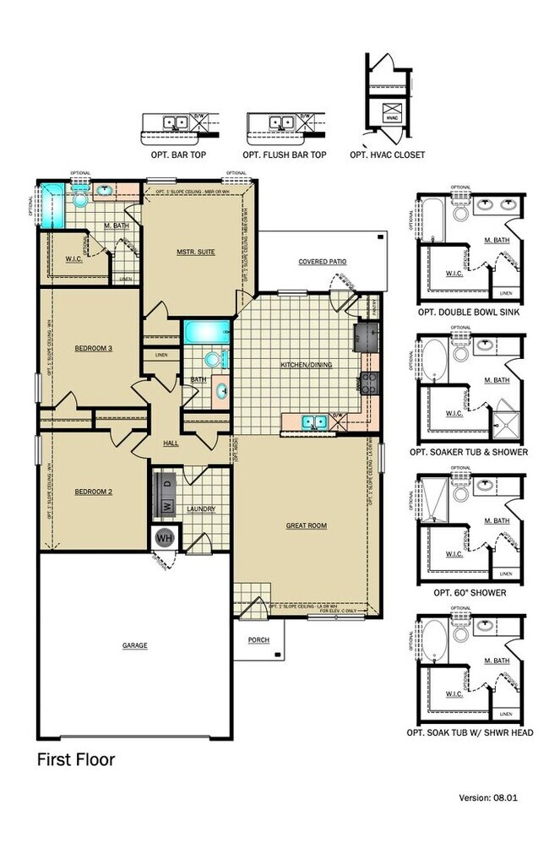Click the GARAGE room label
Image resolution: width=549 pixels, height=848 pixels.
pyautogui.click(x=134, y=645)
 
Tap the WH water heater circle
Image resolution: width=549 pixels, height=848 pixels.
pyautogui.click(x=162, y=537)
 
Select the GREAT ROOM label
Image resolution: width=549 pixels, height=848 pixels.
pyautogui.click(x=306, y=525)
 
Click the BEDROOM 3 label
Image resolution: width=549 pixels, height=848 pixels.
pyautogui.click(x=94, y=348)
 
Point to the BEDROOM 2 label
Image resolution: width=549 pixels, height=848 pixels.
pyautogui.click(x=94, y=492)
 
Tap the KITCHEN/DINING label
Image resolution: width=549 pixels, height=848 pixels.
pyautogui.click(x=307, y=365)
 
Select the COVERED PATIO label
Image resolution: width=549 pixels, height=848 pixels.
pyautogui.click(x=322, y=262)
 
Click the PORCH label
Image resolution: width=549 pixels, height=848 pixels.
pyautogui.click(x=258, y=640)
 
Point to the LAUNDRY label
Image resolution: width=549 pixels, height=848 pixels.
pyautogui.click(x=202, y=509)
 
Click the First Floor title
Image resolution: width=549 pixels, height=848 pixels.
pyautogui.click(x=75, y=760)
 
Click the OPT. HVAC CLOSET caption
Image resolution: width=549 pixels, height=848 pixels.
pyautogui.click(x=387, y=155)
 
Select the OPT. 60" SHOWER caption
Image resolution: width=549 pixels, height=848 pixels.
pyautogui.click(x=470, y=592)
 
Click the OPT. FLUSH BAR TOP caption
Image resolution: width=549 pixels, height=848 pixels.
pyautogui.click(x=285, y=155)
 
